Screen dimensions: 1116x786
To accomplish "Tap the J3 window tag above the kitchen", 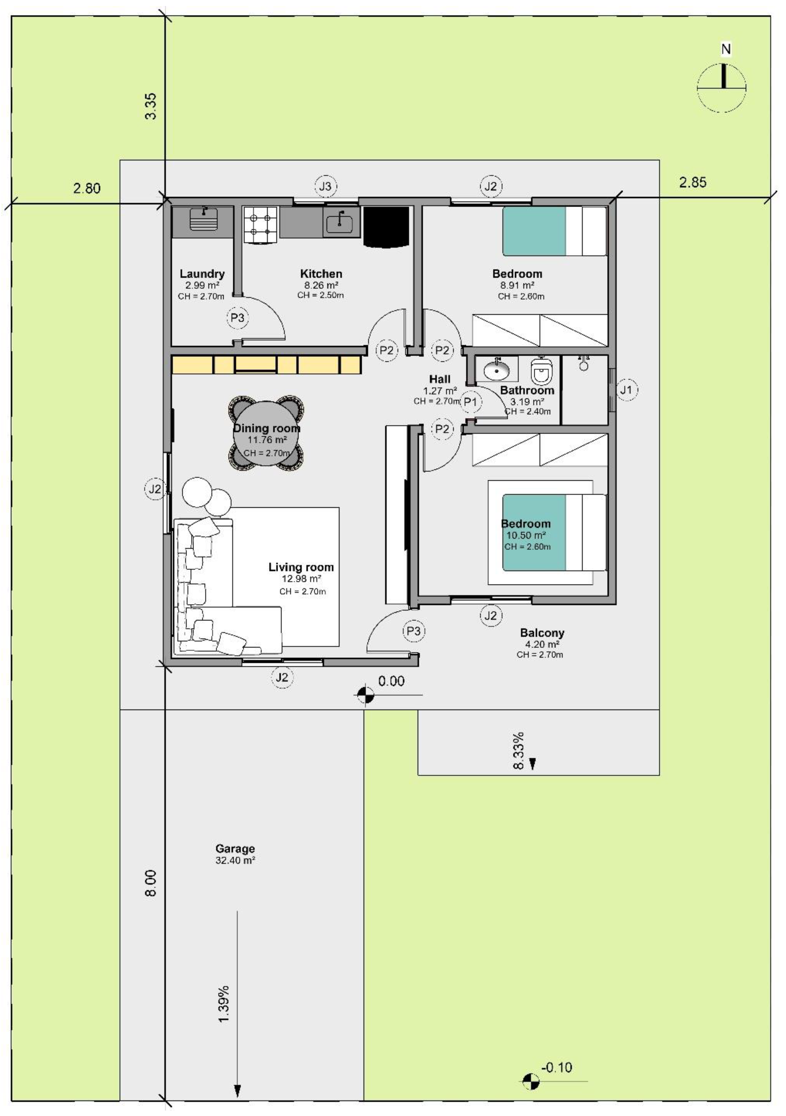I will tap(326, 186).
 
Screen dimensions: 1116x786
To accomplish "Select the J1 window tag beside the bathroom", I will tap(626, 390).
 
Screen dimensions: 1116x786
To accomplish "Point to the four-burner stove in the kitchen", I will tap(261, 225).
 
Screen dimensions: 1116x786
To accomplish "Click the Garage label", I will tap(235, 849).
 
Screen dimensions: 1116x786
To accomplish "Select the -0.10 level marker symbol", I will tap(531, 1081).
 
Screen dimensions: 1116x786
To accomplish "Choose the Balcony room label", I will tap(542, 633).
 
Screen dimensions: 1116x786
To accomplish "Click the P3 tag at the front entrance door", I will tap(413, 631).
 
